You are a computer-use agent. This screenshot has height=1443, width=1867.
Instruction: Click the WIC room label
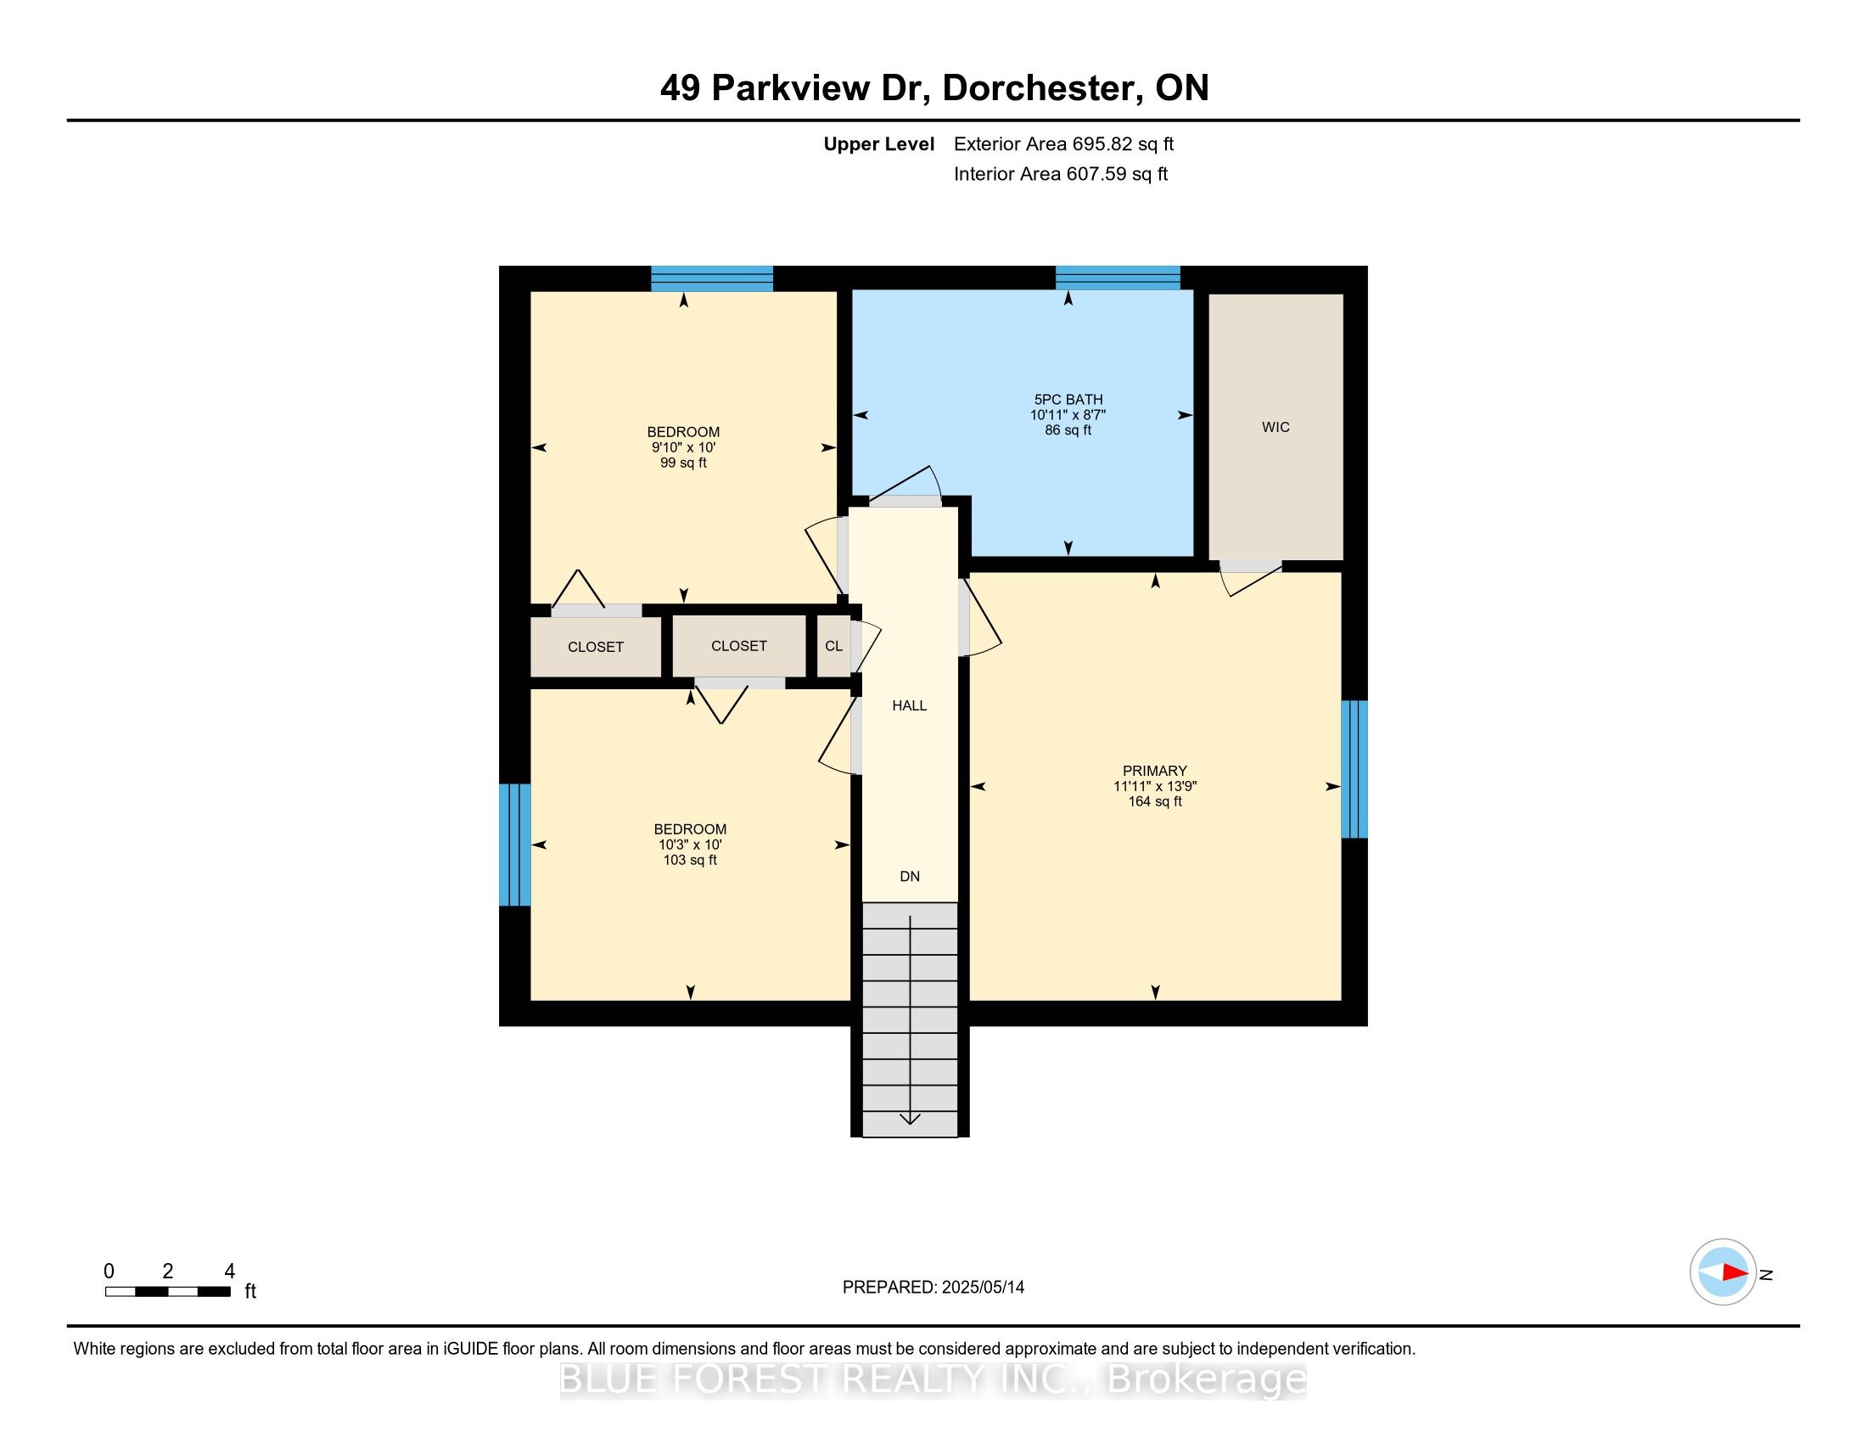point(1276,428)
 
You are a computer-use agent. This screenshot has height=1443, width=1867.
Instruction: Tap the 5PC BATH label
point(1068,399)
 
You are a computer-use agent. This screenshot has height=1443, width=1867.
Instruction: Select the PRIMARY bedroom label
point(1155,771)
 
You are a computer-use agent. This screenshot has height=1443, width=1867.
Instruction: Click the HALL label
point(910,706)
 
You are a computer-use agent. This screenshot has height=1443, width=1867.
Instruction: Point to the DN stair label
point(910,876)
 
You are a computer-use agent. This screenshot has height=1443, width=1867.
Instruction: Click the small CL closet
point(834,646)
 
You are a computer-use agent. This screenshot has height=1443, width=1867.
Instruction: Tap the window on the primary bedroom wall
point(1354,769)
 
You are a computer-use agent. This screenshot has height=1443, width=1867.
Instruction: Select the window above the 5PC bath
point(1119,278)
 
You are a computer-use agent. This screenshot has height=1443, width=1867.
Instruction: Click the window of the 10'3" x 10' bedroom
point(514,845)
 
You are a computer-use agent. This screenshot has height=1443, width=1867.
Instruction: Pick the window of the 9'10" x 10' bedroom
point(712,278)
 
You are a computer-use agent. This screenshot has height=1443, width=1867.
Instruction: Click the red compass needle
point(1735,1272)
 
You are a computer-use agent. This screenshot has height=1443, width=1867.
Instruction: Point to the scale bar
point(167,1292)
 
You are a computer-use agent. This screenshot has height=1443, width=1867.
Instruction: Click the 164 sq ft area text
point(1155,802)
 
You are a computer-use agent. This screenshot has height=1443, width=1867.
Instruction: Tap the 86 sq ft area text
point(1068,430)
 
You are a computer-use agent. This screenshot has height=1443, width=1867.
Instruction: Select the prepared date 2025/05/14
point(981,1288)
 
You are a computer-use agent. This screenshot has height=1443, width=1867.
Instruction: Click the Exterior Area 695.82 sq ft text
point(1063,144)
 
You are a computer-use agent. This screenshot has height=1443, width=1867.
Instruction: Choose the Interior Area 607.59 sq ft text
point(1061,174)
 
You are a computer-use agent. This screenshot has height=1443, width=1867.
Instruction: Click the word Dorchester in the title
point(1042,88)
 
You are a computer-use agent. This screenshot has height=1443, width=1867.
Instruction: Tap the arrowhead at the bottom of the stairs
point(910,1118)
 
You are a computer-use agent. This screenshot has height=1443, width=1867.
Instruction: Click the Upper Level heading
point(879,144)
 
